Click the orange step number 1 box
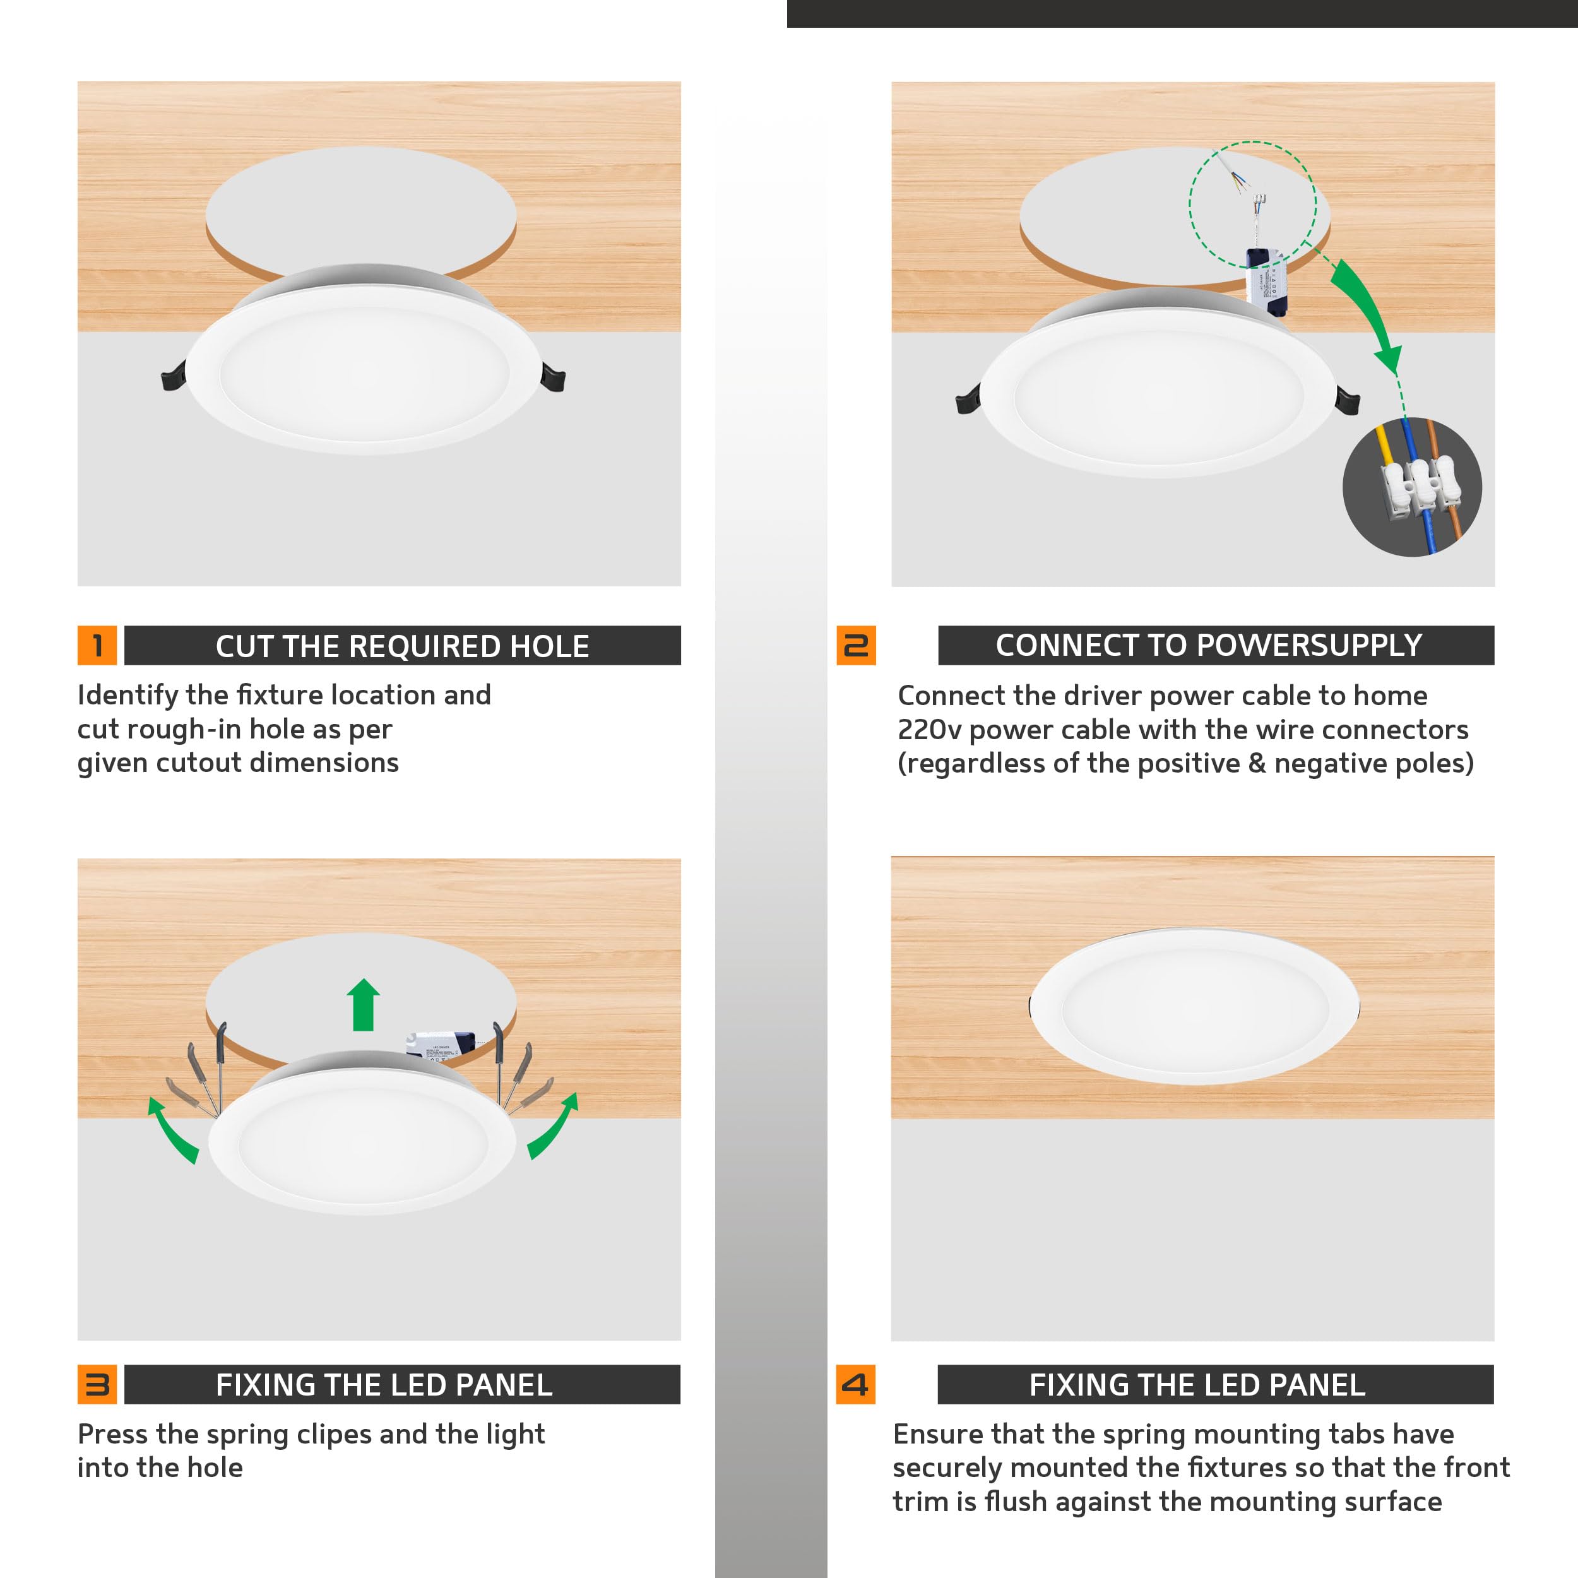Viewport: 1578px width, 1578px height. tap(97, 645)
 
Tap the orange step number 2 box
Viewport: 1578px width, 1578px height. tap(855, 645)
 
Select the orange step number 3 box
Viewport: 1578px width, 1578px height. tap(97, 1384)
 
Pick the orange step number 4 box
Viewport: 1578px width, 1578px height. tap(855, 1384)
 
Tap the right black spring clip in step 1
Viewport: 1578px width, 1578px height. tap(553, 378)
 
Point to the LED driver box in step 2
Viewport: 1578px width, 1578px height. tap(1265, 281)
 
